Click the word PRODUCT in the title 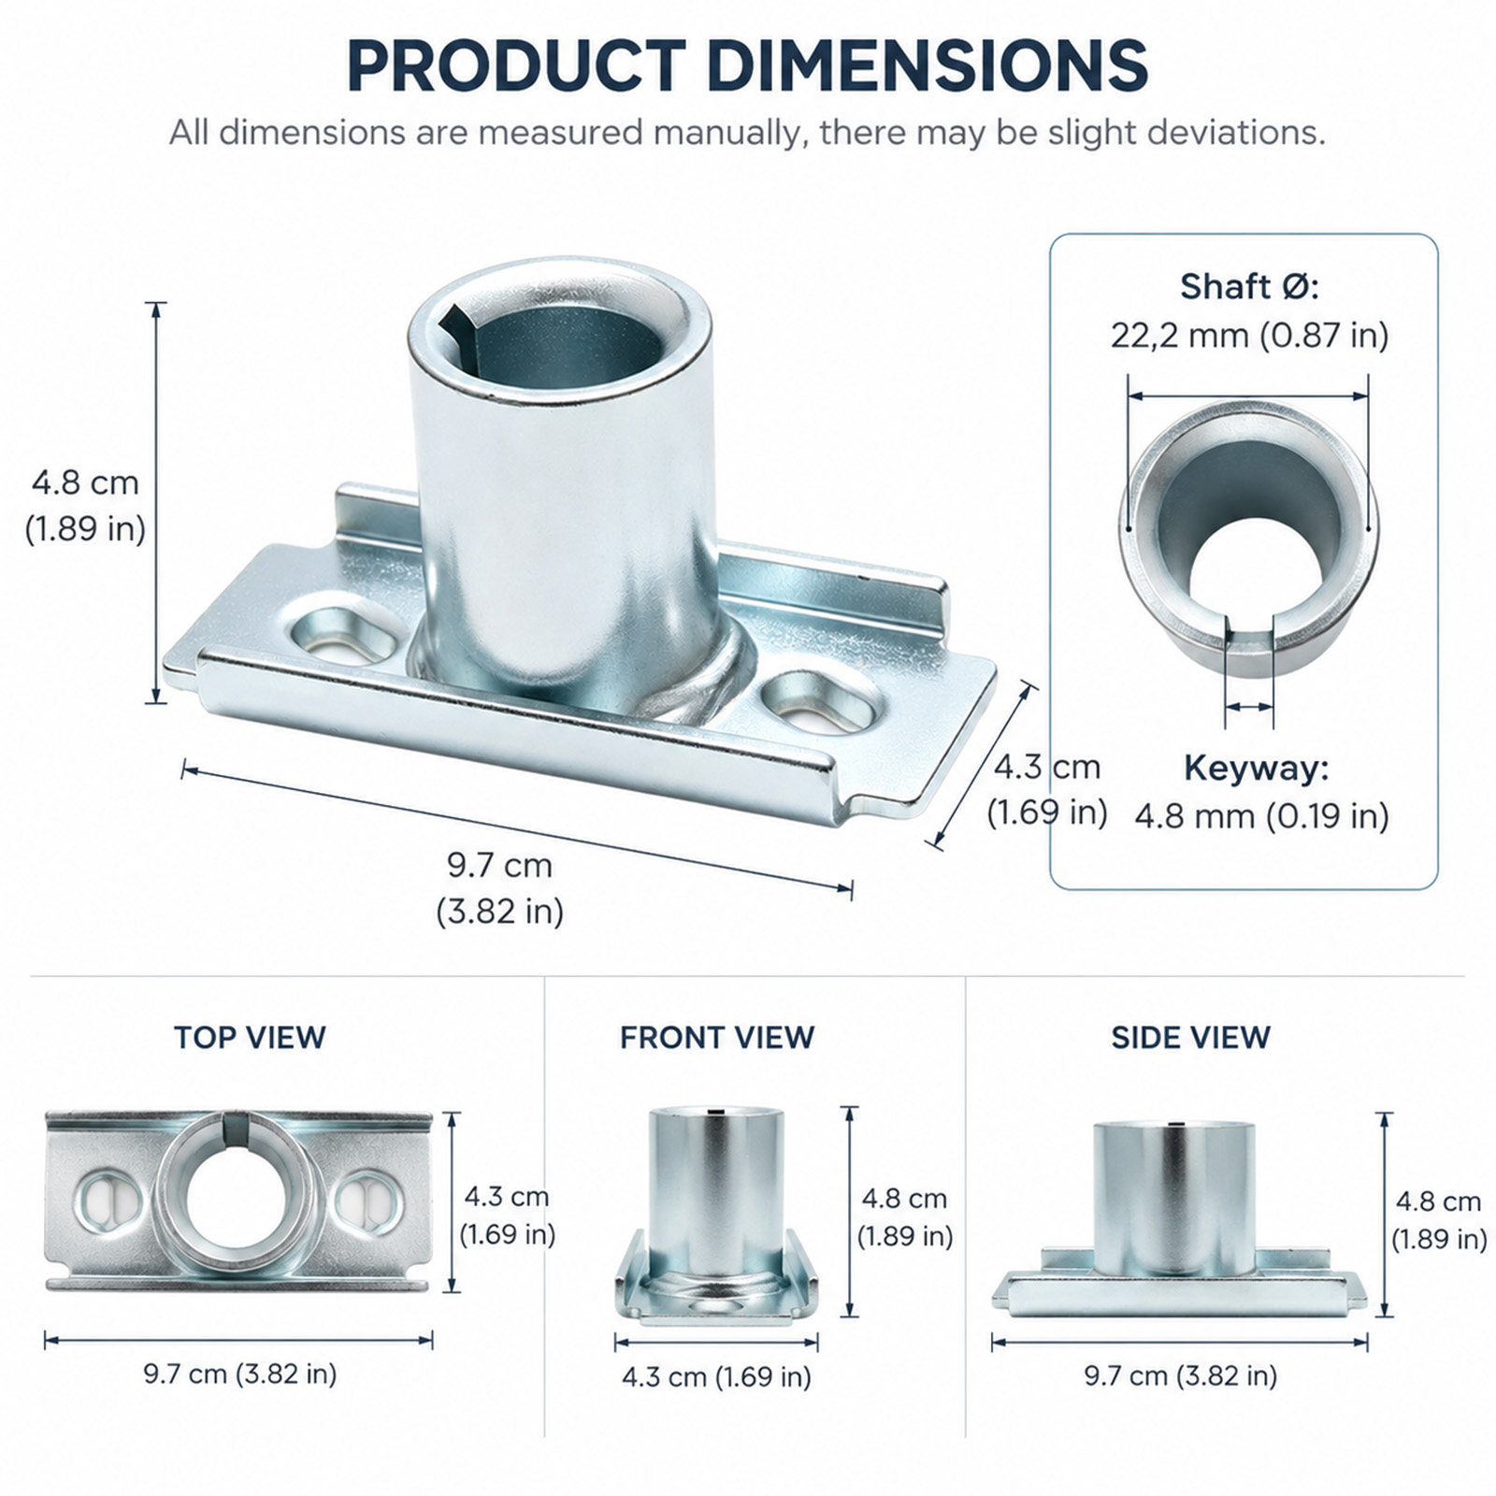click(x=516, y=65)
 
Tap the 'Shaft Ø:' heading click(x=1249, y=286)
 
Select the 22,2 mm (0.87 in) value click(x=1249, y=335)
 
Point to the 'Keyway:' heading click(x=1256, y=768)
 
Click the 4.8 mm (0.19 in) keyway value click(x=1261, y=816)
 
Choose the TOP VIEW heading click(x=250, y=1037)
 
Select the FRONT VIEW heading click(x=717, y=1037)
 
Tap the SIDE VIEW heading click(x=1190, y=1037)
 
